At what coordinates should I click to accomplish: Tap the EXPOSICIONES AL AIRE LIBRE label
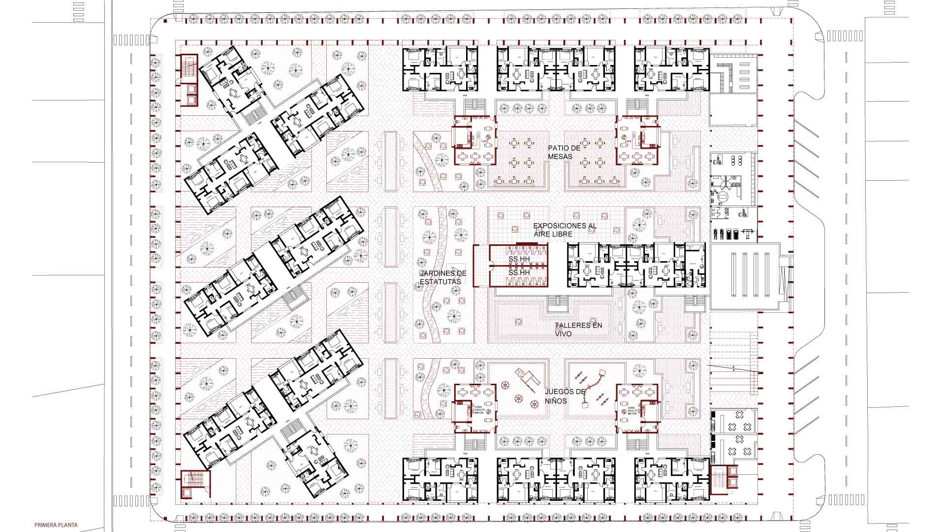(565, 230)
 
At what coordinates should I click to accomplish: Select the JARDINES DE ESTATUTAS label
(442, 277)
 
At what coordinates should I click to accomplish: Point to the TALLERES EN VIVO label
(578, 330)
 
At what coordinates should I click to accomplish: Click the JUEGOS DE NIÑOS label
(565, 396)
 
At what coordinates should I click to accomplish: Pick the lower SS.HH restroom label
(519, 272)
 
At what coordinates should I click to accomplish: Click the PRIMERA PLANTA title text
(56, 525)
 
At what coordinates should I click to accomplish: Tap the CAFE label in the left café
(484, 141)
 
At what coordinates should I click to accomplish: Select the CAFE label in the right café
(628, 141)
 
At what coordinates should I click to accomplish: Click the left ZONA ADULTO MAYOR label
(478, 409)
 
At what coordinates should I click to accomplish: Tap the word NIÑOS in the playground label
(556, 401)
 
